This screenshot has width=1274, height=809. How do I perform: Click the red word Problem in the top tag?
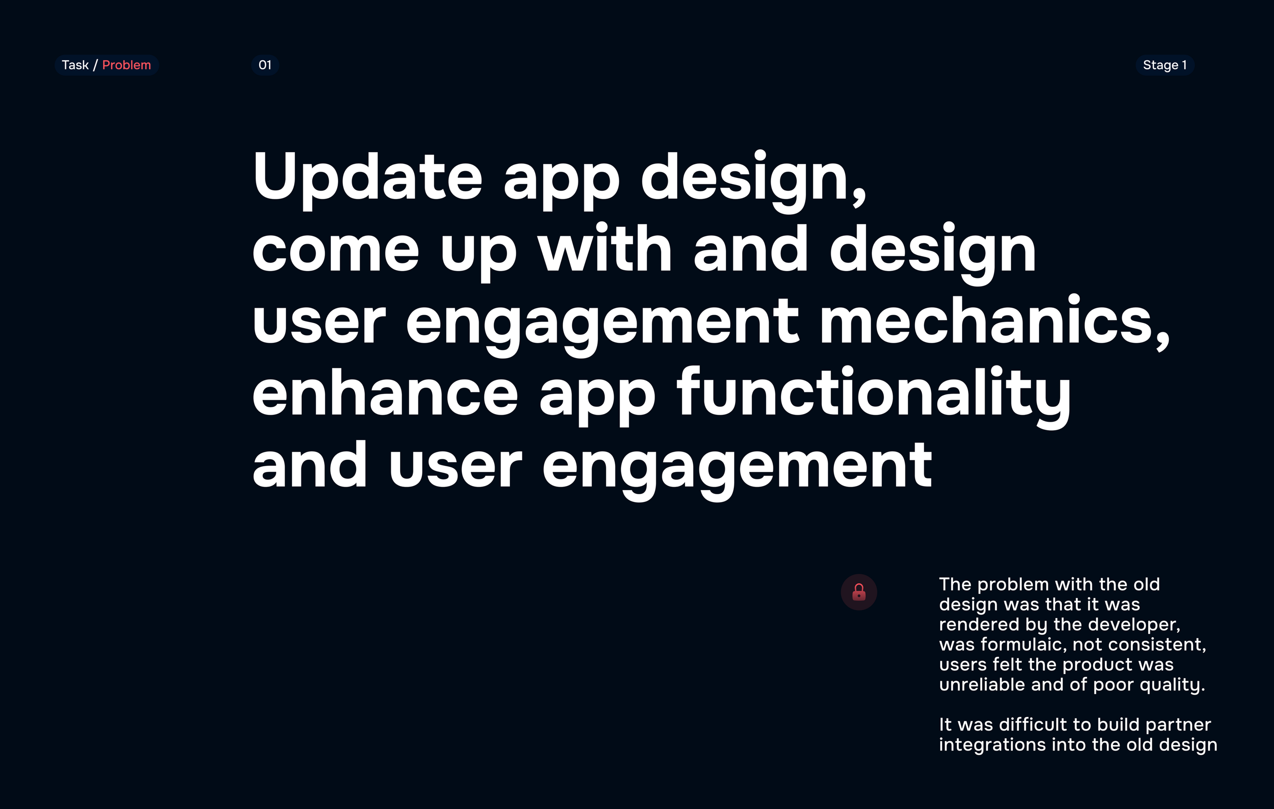(127, 65)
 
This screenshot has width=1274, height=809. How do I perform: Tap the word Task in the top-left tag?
(75, 65)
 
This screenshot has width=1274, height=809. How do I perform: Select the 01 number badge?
(265, 65)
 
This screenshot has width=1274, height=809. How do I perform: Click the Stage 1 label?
(1165, 65)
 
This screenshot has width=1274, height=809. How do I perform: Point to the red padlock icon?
(859, 592)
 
